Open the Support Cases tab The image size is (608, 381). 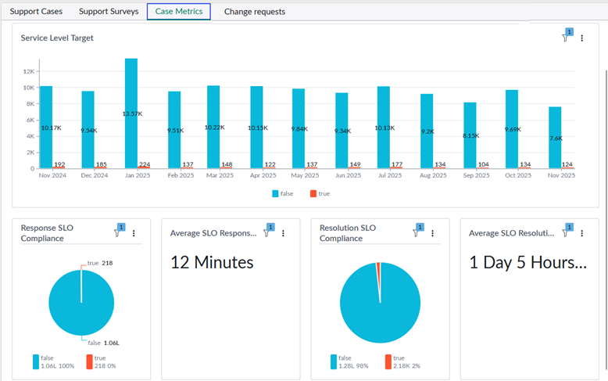(36, 12)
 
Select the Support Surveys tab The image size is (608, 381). (109, 12)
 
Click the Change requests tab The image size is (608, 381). (254, 12)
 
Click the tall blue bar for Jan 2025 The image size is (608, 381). (131, 113)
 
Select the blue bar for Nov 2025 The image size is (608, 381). (555, 138)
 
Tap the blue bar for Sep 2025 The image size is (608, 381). (470, 135)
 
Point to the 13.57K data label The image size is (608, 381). (132, 113)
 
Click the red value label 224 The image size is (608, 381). (145, 164)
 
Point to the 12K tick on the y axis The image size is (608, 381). (29, 71)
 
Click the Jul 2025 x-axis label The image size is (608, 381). (390, 175)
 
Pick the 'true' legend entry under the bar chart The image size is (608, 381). (320, 193)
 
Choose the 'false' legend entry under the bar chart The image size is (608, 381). (283, 193)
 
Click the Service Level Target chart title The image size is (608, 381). (57, 38)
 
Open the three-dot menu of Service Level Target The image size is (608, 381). (581, 38)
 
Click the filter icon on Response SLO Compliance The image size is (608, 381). (117, 233)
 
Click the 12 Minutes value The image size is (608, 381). (212, 263)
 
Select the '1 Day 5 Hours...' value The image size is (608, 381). (528, 263)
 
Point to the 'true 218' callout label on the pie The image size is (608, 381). (100, 263)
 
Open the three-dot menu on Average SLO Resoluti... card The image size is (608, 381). (581, 233)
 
